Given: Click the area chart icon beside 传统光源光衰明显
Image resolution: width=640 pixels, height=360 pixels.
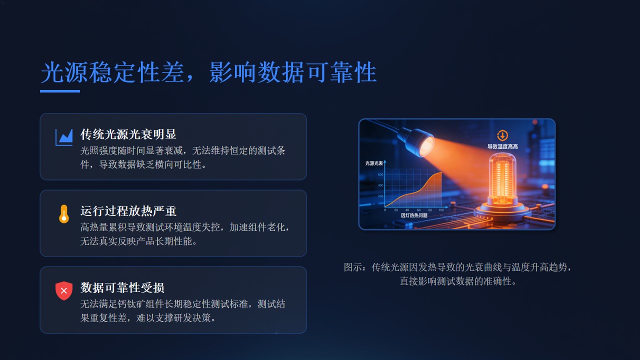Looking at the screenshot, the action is [x=64, y=137].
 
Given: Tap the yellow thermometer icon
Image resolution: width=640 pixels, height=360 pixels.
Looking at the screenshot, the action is [x=64, y=214].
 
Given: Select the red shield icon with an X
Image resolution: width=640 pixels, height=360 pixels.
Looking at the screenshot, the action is [x=64, y=290].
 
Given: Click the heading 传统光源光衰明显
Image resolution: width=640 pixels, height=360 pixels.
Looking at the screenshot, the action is [x=128, y=134].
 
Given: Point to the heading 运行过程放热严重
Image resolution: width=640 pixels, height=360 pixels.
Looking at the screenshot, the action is [x=128, y=211].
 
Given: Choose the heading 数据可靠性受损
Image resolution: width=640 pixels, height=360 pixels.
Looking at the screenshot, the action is [x=122, y=287].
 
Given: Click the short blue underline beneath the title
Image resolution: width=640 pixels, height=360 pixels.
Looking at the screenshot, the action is [x=60, y=91].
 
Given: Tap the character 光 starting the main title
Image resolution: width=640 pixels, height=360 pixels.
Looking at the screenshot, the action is [x=52, y=72].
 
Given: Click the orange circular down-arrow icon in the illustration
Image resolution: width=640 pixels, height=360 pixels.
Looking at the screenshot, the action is [x=502, y=135].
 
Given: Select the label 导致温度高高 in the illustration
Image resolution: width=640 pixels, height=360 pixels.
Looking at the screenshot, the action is [x=502, y=146].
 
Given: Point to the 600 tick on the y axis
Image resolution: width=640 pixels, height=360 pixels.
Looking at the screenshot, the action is [x=380, y=174].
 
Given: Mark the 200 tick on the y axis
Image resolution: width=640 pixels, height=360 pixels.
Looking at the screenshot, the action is [x=380, y=196].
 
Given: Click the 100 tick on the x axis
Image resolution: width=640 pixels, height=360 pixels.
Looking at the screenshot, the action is [x=441, y=210].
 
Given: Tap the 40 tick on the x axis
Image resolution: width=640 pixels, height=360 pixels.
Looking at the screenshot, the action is [x=407, y=210].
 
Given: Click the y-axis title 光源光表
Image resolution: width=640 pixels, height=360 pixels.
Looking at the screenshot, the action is [x=374, y=163].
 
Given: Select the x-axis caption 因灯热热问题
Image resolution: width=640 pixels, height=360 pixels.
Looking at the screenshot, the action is [x=414, y=215].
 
